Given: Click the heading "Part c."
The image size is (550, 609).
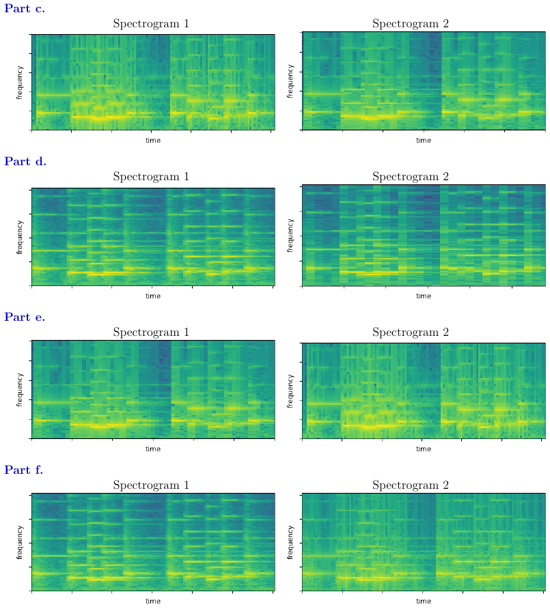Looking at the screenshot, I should pyautogui.click(x=25, y=9).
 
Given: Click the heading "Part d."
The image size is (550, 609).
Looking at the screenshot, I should pyautogui.click(x=25, y=162).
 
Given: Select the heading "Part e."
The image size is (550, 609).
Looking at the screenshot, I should pyautogui.click(x=25, y=317).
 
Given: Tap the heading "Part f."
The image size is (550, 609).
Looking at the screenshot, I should pyautogui.click(x=24, y=470).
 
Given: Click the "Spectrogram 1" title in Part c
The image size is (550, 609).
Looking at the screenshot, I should pyautogui.click(x=151, y=24).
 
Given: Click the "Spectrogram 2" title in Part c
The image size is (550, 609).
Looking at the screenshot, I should pyautogui.click(x=410, y=24).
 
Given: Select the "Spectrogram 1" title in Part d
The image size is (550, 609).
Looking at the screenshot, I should pyautogui.click(x=151, y=177).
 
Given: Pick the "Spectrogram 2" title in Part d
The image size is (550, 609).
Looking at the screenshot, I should pyautogui.click(x=410, y=177).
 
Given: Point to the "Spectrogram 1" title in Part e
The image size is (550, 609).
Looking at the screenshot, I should pyautogui.click(x=151, y=332).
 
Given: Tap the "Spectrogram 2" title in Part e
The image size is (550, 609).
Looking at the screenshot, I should pyautogui.click(x=410, y=332).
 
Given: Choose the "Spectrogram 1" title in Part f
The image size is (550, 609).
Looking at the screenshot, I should pyautogui.click(x=151, y=485).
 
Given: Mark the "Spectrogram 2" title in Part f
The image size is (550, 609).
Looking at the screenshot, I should pyautogui.click(x=410, y=485).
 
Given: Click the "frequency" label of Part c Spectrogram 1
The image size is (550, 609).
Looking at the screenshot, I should pyautogui.click(x=20, y=82).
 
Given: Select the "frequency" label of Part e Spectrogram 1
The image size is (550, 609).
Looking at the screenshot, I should pyautogui.click(x=20, y=390).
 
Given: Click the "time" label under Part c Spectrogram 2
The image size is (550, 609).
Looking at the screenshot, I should pyautogui.click(x=424, y=140).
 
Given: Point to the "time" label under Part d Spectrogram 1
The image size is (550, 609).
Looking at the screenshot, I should pyautogui.click(x=153, y=296).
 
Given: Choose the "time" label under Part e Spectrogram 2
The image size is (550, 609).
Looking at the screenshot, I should pyautogui.click(x=424, y=449).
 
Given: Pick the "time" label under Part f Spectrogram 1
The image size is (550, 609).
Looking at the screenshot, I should pyautogui.click(x=153, y=601).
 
